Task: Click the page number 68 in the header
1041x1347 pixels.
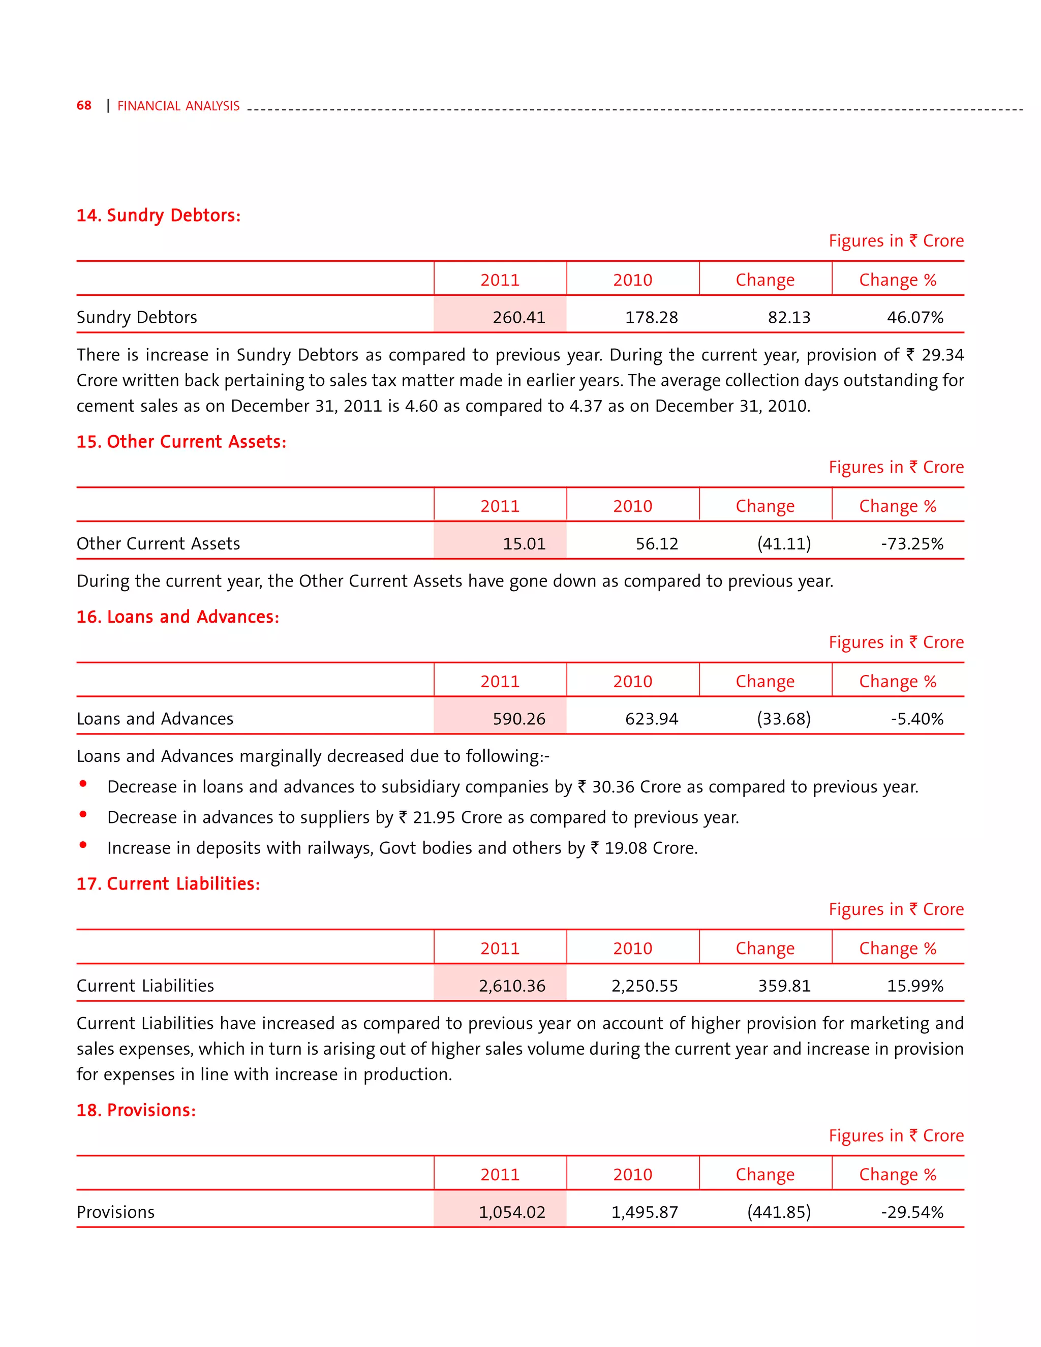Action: click(x=84, y=105)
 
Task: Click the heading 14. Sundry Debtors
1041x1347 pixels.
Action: click(x=159, y=215)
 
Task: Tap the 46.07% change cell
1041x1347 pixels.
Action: click(x=914, y=317)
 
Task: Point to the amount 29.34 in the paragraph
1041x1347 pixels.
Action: click(x=942, y=355)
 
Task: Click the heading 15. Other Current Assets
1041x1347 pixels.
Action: click(x=181, y=442)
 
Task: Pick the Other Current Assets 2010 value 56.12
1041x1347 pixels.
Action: click(x=657, y=543)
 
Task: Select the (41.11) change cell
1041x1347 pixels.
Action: click(x=784, y=543)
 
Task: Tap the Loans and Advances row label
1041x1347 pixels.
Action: click(x=155, y=719)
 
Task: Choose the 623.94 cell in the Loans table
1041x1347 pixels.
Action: click(x=651, y=719)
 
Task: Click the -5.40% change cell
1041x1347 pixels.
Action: click(x=917, y=719)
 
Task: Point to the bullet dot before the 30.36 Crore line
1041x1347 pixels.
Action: click(x=83, y=784)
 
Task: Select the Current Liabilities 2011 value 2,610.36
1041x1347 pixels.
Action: click(x=512, y=986)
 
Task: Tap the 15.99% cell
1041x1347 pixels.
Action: click(x=914, y=986)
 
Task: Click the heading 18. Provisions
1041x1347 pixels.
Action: click(x=136, y=1110)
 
